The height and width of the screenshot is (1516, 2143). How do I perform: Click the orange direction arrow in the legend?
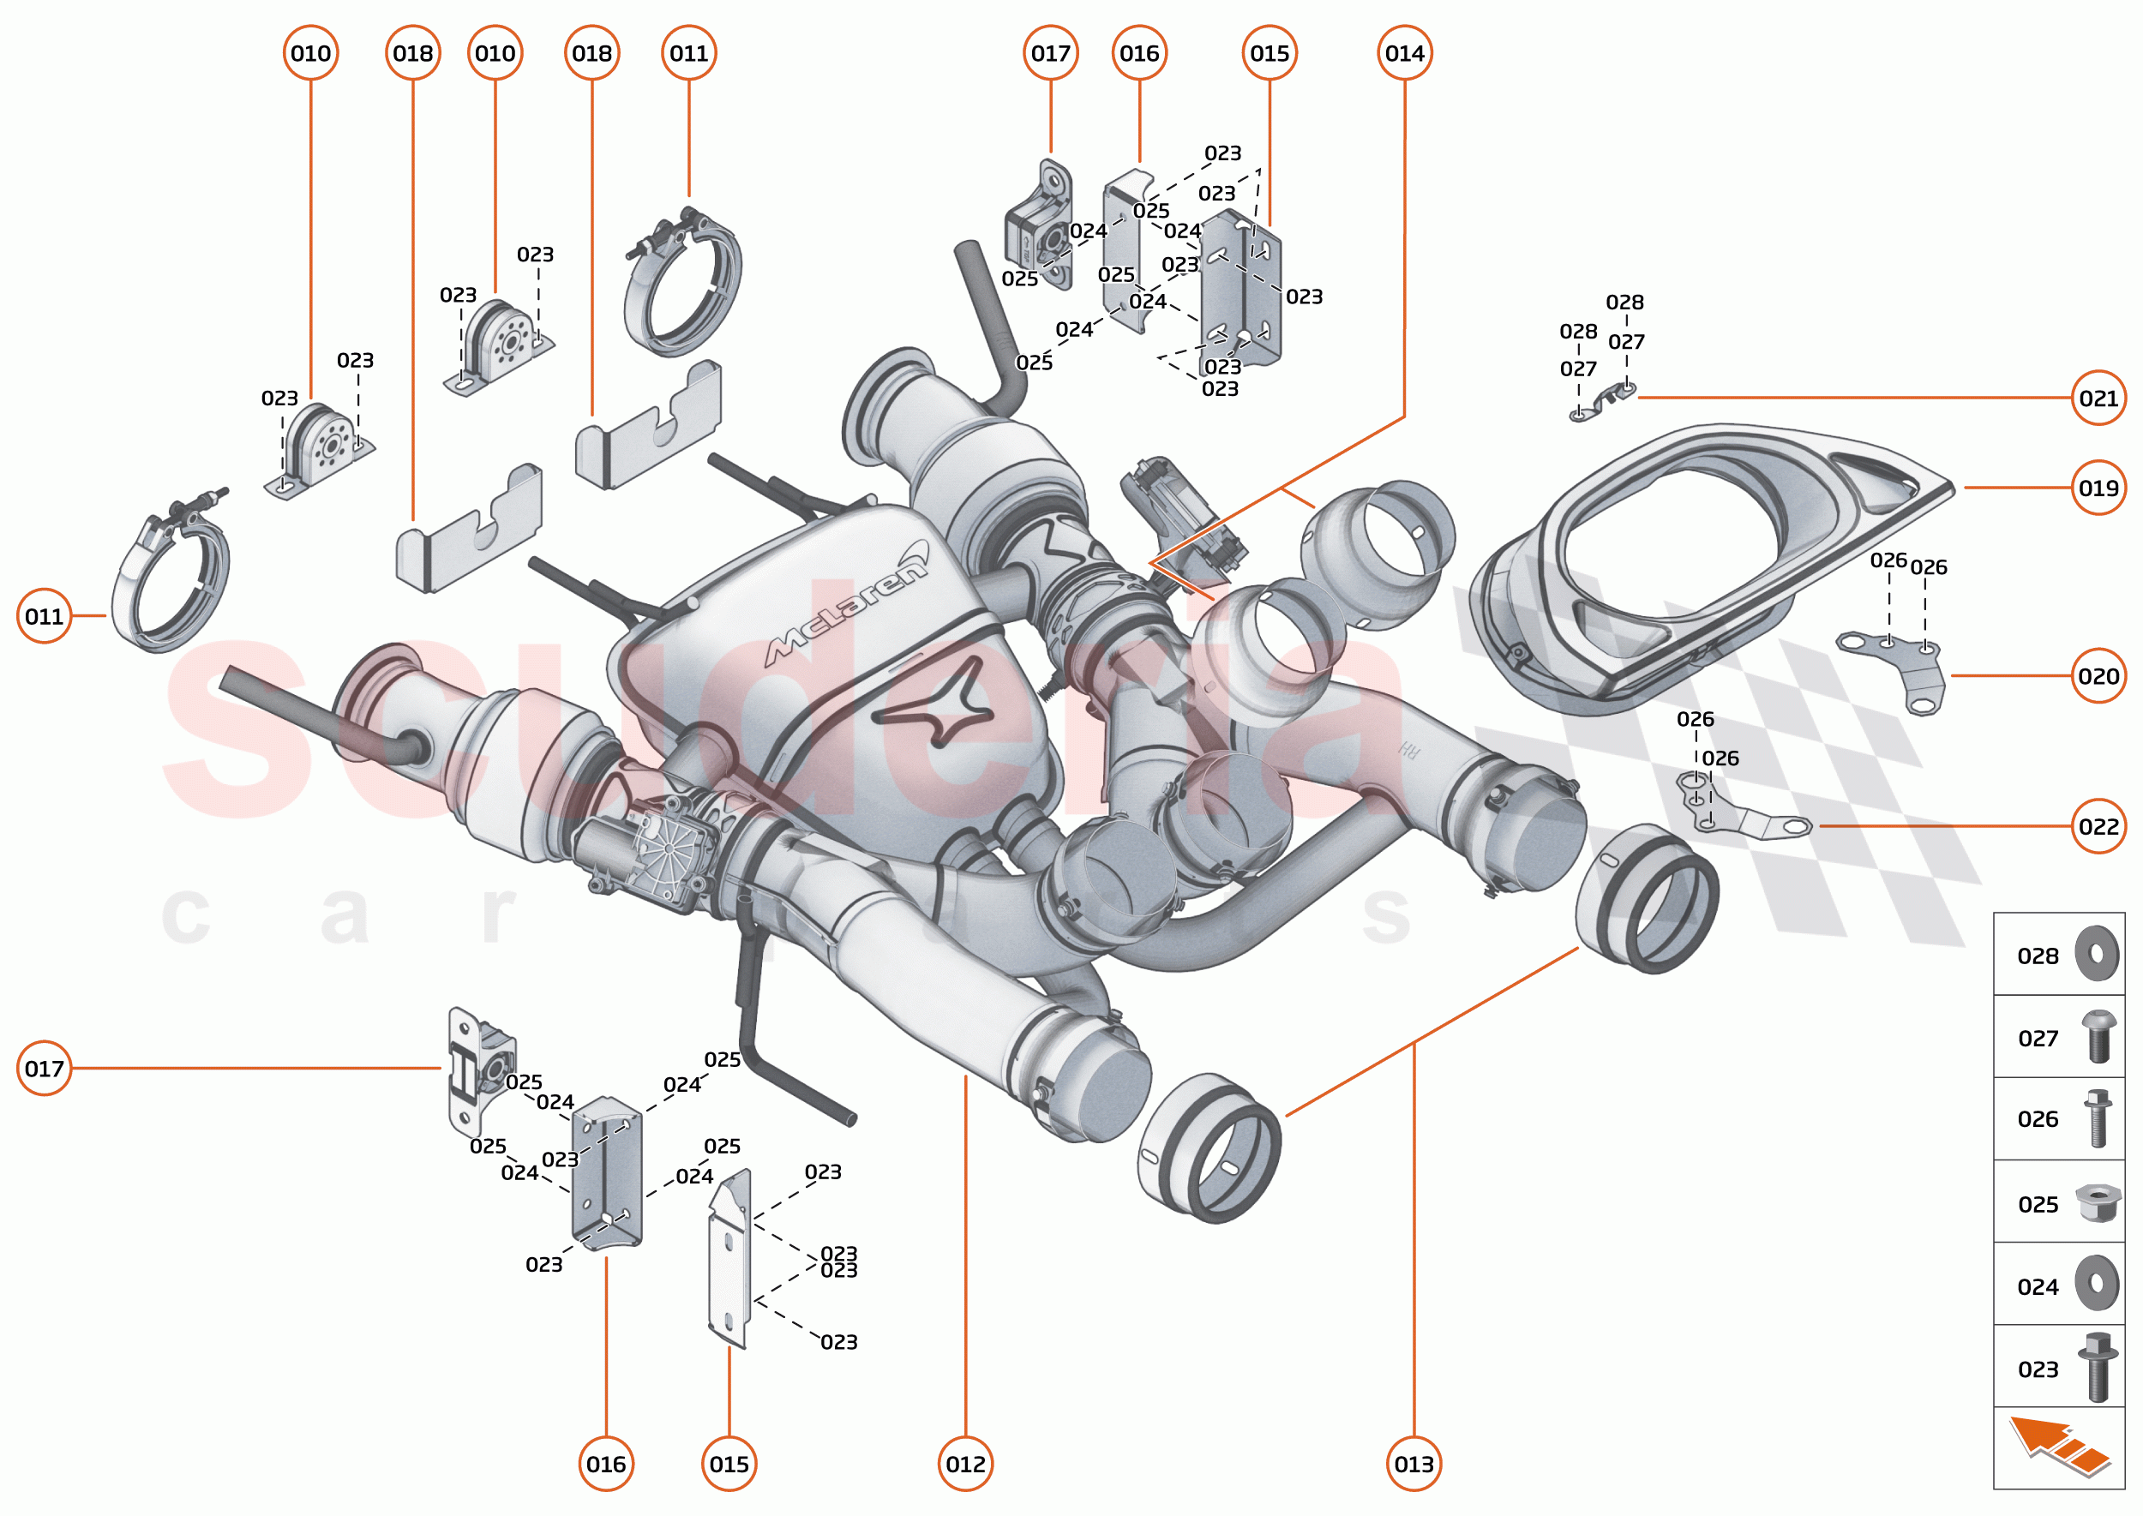pyautogui.click(x=2058, y=1447)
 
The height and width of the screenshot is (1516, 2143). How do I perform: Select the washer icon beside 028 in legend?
pyautogui.click(x=2097, y=954)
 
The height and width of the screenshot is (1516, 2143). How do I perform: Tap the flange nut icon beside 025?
pyautogui.click(x=2097, y=1202)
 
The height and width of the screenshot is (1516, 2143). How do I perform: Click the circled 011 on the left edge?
pyautogui.click(x=44, y=615)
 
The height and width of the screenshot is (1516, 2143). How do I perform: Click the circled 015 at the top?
pyautogui.click(x=1268, y=53)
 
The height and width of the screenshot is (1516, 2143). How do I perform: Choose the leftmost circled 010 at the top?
pyautogui.click(x=310, y=53)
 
